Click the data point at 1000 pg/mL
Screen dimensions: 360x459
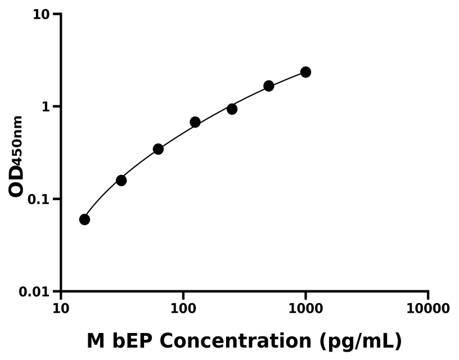coord(305,72)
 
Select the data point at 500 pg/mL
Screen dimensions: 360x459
coord(269,86)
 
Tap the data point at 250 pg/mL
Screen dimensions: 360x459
coord(232,109)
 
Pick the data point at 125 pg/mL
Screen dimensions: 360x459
coord(195,122)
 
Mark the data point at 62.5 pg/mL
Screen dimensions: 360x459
coord(158,149)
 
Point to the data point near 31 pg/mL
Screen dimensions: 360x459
coord(121,180)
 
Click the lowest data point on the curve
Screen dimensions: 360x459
coord(84,219)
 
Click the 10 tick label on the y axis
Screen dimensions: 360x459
coord(42,14)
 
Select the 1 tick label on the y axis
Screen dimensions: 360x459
coord(47,107)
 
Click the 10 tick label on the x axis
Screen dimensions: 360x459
coord(61,309)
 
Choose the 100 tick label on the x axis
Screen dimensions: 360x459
coord(183,309)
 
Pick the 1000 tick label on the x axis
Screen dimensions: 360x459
coord(305,309)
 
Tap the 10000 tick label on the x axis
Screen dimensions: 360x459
coord(428,309)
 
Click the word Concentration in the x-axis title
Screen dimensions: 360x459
coord(238,341)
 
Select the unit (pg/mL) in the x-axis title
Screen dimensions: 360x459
coord(361,341)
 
